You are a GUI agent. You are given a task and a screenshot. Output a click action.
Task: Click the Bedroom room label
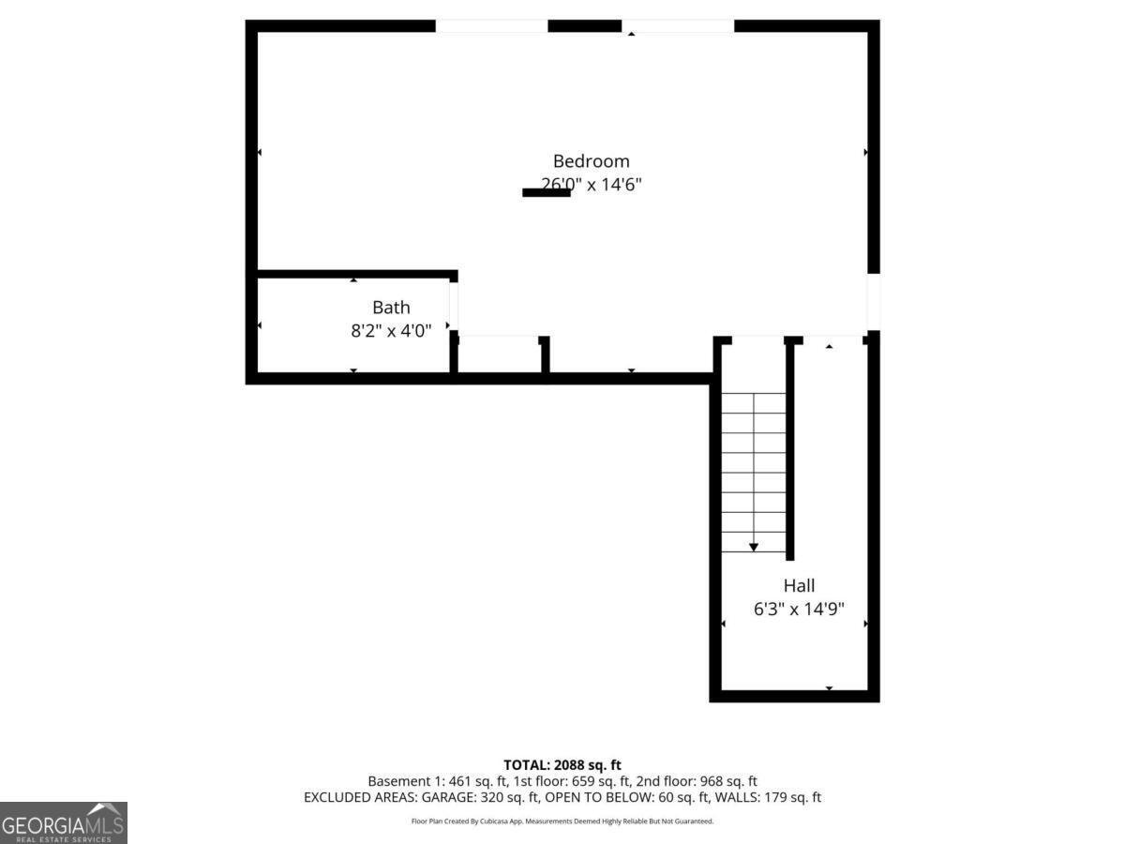click(x=591, y=161)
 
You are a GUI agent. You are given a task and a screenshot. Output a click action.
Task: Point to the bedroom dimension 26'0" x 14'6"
click(x=591, y=185)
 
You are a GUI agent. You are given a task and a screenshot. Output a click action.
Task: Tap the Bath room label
click(x=391, y=307)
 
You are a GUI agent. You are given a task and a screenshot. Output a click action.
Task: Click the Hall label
click(x=799, y=585)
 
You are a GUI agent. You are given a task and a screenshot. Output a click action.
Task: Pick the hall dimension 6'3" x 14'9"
click(x=799, y=609)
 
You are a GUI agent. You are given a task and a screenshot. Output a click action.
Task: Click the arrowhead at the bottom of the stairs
click(x=753, y=547)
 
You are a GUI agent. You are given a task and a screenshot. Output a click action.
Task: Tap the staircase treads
click(x=753, y=469)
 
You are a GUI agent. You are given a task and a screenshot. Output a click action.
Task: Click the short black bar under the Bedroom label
click(x=546, y=193)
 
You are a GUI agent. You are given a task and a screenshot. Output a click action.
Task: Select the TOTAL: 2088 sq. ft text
click(x=562, y=765)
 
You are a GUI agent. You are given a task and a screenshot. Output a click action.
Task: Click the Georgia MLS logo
click(x=63, y=822)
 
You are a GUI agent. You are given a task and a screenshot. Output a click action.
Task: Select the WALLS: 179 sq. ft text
click(x=767, y=798)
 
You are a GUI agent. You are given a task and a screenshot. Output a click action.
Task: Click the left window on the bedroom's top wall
click(x=491, y=26)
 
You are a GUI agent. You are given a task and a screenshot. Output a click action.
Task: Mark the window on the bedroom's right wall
click(x=873, y=301)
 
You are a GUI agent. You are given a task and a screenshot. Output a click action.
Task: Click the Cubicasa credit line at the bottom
click(x=562, y=821)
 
